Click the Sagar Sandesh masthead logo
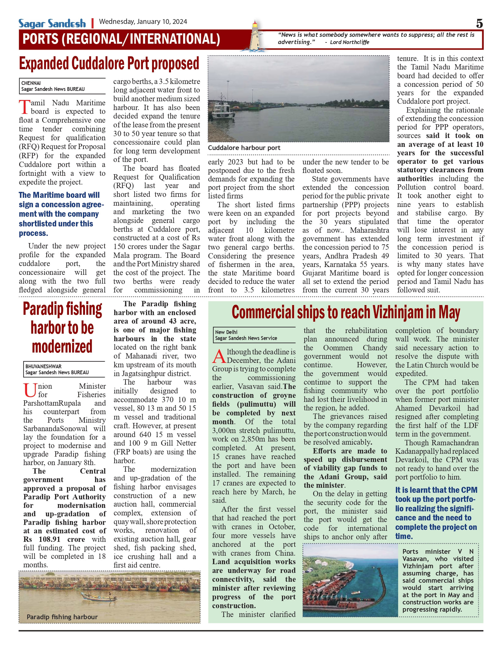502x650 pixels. click(52, 24)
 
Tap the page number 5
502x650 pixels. click(479, 24)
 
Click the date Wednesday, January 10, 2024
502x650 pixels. click(143, 22)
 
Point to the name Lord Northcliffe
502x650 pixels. click(349, 42)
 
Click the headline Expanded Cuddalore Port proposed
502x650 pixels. click(109, 64)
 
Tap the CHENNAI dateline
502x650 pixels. click(31, 83)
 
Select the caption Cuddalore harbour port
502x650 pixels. click(244, 148)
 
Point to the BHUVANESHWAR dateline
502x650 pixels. click(43, 366)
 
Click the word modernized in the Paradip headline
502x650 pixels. click(62, 347)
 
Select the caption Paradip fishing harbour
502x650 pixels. click(62, 617)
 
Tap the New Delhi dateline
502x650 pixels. click(226, 332)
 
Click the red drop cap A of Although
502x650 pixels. click(219, 356)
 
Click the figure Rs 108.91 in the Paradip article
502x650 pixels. click(42, 539)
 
